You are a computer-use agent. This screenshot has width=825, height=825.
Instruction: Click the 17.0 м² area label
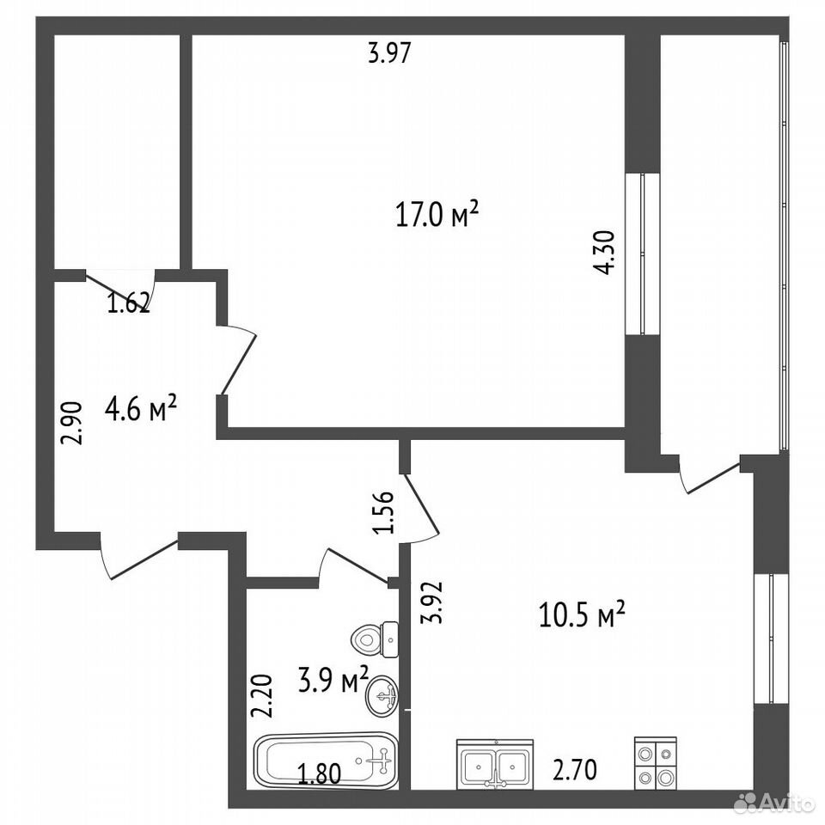tap(437, 214)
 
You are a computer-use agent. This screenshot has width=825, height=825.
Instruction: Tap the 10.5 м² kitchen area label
tap(582, 614)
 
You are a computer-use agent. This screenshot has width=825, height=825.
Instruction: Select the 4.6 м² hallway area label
tap(140, 409)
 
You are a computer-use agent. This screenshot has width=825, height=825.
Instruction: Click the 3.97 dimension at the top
tap(388, 53)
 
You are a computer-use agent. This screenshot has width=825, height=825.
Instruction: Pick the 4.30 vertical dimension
tap(603, 253)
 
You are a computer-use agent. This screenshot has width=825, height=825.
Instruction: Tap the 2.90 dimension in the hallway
tap(71, 424)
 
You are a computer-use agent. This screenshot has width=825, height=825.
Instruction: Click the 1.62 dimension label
tap(129, 304)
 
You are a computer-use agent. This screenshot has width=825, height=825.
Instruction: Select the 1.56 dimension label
tap(383, 512)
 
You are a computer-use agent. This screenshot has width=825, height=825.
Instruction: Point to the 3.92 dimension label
tap(432, 603)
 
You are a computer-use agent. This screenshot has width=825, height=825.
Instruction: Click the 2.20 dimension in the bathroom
tap(262, 697)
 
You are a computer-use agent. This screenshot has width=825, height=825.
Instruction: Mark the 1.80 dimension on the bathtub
tap(320, 774)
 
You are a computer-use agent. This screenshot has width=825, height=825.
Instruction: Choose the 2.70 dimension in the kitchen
tap(575, 770)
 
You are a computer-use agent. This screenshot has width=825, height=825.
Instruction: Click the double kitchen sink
tap(495, 763)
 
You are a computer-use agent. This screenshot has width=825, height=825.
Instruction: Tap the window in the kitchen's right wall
tap(772, 639)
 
